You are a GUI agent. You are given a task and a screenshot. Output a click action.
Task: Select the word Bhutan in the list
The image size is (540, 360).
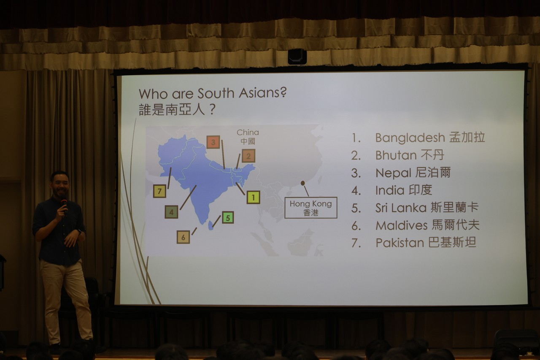[x=396, y=155]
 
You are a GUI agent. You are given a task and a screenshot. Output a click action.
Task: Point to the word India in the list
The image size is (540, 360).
[x=390, y=190]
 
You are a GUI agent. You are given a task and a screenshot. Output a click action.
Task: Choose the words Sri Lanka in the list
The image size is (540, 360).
[x=401, y=208]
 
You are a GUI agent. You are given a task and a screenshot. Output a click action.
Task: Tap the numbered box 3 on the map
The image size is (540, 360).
[x=213, y=142]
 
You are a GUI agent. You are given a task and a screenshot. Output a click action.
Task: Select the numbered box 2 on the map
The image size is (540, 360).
[x=248, y=156]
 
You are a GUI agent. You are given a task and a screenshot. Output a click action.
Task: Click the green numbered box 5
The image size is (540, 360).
[x=228, y=217]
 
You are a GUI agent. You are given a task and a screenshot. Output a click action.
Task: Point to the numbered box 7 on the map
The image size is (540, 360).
[x=159, y=191]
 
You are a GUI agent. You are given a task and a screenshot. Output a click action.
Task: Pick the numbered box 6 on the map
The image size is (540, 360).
[x=183, y=237]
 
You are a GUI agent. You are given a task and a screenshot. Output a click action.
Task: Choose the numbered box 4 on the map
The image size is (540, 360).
[x=171, y=212]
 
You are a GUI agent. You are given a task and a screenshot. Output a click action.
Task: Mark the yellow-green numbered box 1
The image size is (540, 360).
[x=253, y=197]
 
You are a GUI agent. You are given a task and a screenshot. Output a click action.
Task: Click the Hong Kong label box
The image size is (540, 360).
[x=311, y=208]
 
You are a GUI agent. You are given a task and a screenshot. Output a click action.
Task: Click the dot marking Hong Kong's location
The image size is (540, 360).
[x=303, y=183]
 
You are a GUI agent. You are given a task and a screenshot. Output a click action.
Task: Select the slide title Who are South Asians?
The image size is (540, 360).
[x=213, y=94]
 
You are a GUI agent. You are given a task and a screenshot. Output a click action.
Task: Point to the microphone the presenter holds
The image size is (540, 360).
[x=65, y=206]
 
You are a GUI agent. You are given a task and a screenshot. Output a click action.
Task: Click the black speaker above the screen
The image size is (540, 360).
[x=297, y=57]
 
